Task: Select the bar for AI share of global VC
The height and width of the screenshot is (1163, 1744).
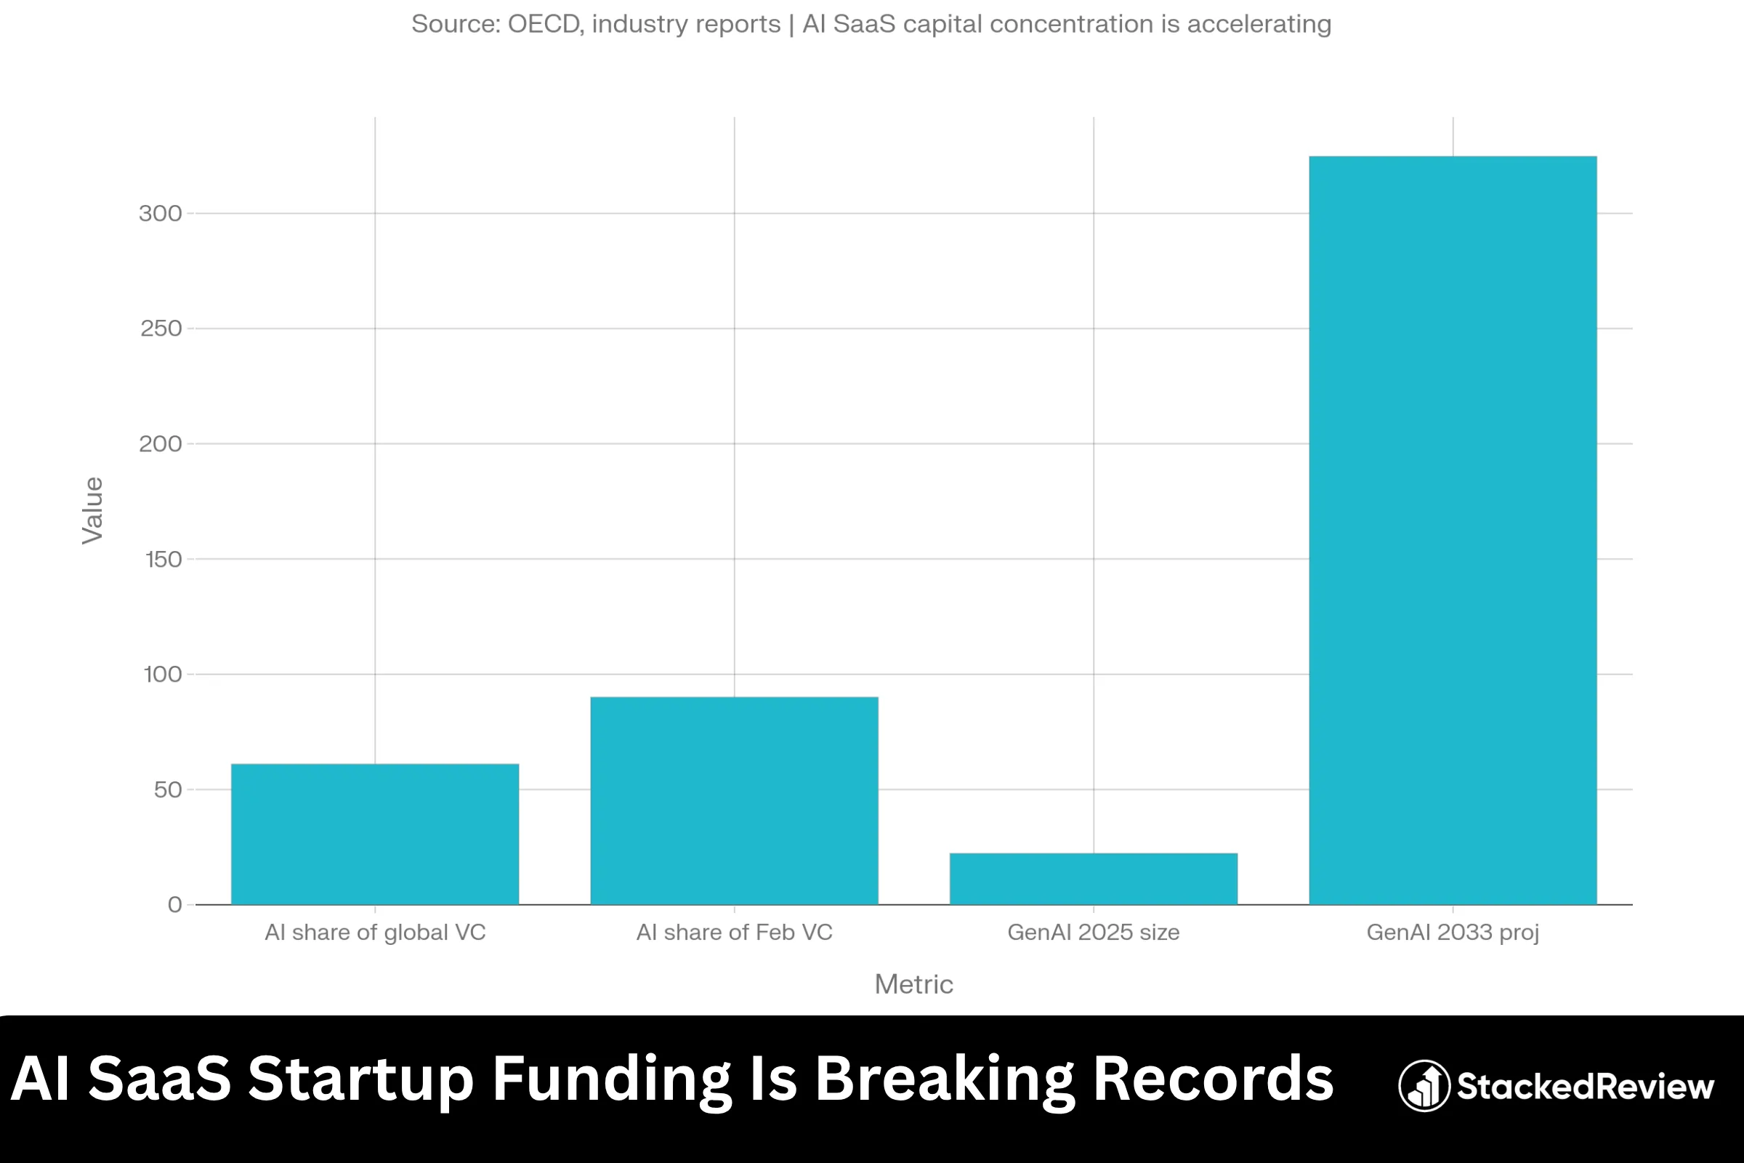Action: (374, 834)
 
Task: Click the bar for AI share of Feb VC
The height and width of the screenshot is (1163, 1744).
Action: (734, 800)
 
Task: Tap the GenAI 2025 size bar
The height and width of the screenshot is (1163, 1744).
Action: (1093, 879)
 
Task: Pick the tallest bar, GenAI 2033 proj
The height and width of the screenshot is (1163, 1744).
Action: (1453, 531)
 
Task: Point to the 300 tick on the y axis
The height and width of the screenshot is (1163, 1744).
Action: (160, 214)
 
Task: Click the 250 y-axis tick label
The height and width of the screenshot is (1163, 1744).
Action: (161, 329)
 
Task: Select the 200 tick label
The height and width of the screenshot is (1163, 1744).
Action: (160, 443)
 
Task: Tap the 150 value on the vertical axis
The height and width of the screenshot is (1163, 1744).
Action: (163, 559)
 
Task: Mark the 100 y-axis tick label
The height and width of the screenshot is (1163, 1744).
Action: (162, 675)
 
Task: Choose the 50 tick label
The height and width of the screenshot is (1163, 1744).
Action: (168, 790)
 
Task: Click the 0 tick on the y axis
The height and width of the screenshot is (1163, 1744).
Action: (175, 905)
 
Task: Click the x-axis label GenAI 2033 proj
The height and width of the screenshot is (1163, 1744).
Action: (1453, 933)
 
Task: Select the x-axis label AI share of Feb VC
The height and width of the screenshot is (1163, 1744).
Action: (734, 933)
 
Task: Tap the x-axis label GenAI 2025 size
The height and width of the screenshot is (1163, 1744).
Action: (1093, 933)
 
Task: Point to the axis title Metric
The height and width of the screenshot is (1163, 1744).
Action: (913, 984)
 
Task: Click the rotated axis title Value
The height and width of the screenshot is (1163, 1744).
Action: (93, 510)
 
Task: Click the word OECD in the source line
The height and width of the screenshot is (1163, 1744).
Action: (544, 25)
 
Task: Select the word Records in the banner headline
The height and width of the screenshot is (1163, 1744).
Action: (1213, 1079)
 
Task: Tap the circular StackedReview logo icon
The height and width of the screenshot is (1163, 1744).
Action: (1424, 1086)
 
